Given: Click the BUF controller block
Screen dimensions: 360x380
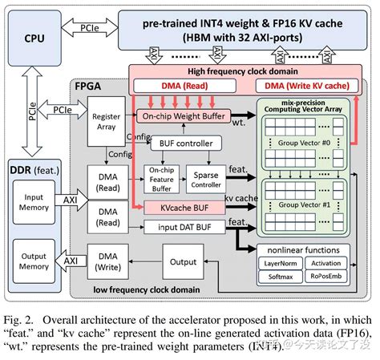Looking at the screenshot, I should click(186, 144).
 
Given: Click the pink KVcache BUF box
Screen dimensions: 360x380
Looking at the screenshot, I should click(185, 207).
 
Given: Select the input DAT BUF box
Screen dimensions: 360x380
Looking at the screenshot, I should click(185, 227).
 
